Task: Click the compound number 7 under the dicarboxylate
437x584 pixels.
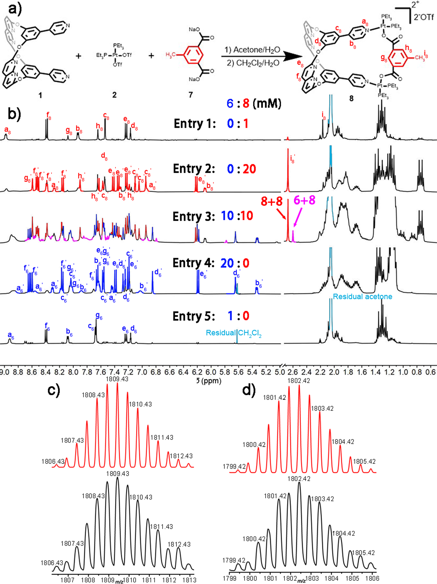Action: [191, 95]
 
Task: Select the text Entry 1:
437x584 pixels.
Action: [195, 124]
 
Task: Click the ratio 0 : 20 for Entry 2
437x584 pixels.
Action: [242, 169]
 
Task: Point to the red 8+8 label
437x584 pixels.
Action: [272, 201]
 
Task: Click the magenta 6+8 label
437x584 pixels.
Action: [304, 200]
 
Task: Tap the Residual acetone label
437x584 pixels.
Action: [362, 297]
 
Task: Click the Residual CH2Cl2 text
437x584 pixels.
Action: [234, 333]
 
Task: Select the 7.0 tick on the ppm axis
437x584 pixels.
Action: [142, 372]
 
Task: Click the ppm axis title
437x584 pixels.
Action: [209, 381]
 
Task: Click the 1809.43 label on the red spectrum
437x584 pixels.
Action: [117, 379]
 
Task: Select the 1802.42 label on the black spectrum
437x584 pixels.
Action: [299, 479]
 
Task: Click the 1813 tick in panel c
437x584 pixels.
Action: [189, 580]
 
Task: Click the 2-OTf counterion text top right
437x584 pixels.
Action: [424, 17]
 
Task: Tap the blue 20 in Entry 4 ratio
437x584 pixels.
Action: [227, 263]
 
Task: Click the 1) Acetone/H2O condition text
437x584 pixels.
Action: [252, 50]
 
